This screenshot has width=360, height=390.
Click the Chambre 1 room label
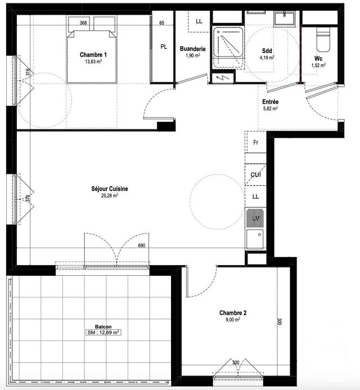click(x=93, y=55)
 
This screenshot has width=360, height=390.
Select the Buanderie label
click(x=192, y=50)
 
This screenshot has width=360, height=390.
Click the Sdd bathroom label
click(x=267, y=50)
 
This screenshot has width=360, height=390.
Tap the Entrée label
click(x=271, y=102)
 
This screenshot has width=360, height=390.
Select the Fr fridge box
click(x=256, y=143)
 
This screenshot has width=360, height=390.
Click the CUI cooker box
click(x=256, y=175)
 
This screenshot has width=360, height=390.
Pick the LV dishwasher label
click(x=256, y=217)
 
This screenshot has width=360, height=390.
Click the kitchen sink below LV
click(x=256, y=236)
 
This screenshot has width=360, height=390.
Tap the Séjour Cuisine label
click(x=110, y=189)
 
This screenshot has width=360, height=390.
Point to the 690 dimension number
click(x=142, y=246)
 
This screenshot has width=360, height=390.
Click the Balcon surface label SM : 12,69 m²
click(x=103, y=333)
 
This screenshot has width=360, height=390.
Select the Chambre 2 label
click(x=233, y=312)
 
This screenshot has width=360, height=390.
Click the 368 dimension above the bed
click(x=83, y=23)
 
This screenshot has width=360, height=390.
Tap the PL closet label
click(x=164, y=47)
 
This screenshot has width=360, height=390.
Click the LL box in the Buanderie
click(x=199, y=21)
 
